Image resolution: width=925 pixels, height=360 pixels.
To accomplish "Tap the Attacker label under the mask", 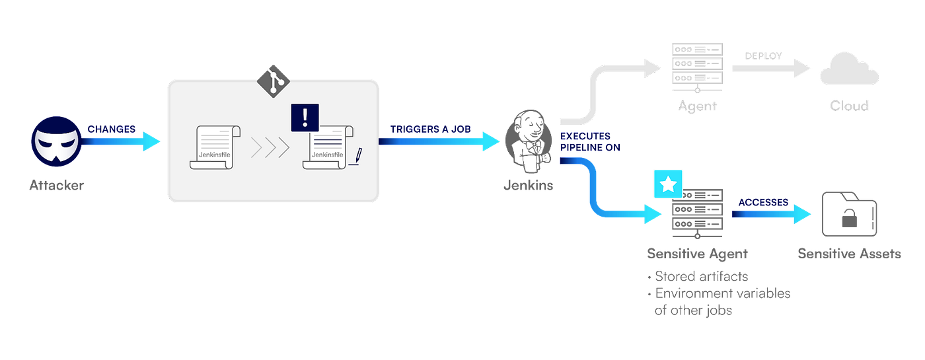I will pos(57,186).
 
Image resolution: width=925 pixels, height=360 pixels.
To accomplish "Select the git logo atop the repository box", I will pos(273,79).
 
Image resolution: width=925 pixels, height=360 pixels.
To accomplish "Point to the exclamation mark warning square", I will pos(305,118).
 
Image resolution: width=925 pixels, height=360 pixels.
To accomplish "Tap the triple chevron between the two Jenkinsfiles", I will pos(270,147).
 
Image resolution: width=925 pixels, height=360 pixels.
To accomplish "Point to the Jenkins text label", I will pos(527,186).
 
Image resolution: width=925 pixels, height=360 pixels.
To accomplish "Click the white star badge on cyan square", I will pos(668,184).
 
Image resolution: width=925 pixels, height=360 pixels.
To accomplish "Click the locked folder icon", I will pos(849,214).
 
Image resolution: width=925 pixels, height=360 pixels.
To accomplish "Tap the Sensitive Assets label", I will pos(849,253).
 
